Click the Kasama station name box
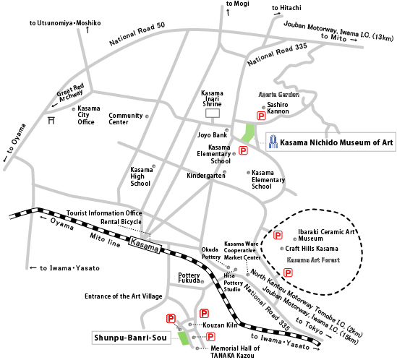pyautogui.click(x=145, y=244)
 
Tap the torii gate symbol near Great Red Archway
pyautogui.click(x=51, y=120)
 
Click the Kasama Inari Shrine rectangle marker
pyautogui.click(x=213, y=113)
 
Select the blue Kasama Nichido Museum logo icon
pyautogui.click(x=273, y=142)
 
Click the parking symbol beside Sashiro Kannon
pyautogui.click(x=261, y=116)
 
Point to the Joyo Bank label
pyautogui.click(x=212, y=135)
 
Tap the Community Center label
pyautogui.click(x=126, y=119)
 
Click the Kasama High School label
pyautogui.click(x=142, y=176)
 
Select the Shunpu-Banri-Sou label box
pyautogui.click(x=131, y=338)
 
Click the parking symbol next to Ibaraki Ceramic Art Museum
pyautogui.click(x=278, y=235)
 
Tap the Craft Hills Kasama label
pyautogui.click(x=312, y=249)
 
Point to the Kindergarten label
pyautogui.click(x=206, y=176)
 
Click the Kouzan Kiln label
pyautogui.click(x=220, y=325)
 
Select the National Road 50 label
pyautogui.click(x=137, y=34)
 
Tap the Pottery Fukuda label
pyautogui.click(x=189, y=278)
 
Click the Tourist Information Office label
pyautogui.click(x=104, y=213)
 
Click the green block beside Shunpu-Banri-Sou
pyautogui.click(x=183, y=338)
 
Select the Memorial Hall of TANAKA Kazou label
pyautogui.click(x=235, y=352)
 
